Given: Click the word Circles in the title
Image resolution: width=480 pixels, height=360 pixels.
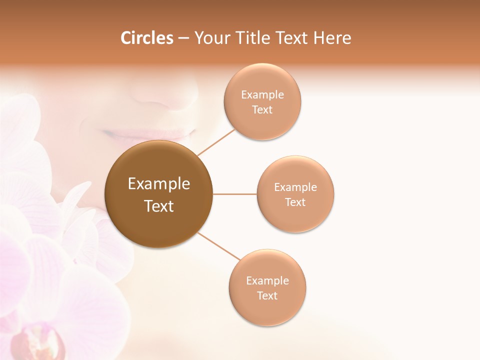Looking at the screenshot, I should point(147,38).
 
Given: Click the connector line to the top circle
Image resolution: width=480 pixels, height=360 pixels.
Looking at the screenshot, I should point(216,142).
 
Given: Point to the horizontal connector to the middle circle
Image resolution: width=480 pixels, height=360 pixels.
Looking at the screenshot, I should point(235,194).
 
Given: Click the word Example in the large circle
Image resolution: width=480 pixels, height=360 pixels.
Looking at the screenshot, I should point(158,184).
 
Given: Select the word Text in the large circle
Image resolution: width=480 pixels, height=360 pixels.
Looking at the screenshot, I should point(158,206).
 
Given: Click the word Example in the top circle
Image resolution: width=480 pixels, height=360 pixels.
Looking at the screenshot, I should point(262,95).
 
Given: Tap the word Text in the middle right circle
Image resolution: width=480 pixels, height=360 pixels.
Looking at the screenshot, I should point(295,202).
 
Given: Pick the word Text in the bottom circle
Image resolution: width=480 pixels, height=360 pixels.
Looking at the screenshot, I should point(267,296).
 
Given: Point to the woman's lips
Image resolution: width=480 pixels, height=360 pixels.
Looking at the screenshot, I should point(150,134).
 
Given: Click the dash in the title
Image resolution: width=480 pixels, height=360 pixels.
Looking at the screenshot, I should point(183,38).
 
